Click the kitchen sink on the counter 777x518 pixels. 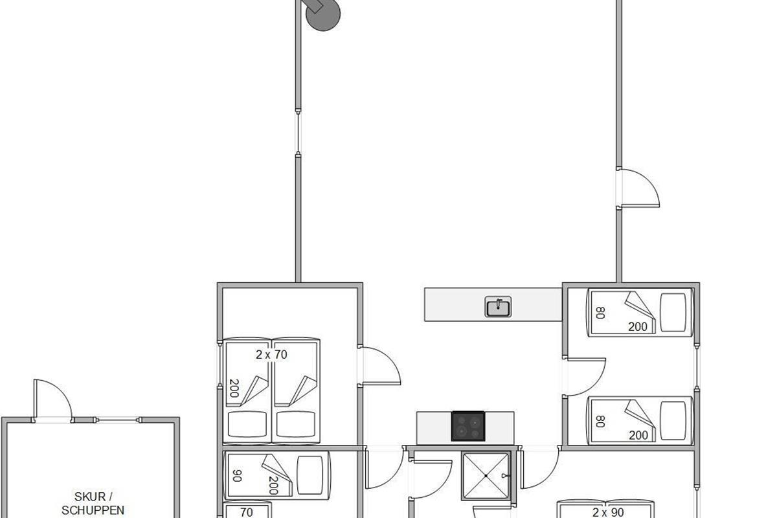498,307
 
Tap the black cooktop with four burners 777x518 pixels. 468,426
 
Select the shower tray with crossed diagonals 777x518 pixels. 486,476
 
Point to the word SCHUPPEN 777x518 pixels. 93,510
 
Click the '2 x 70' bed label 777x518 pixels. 271,355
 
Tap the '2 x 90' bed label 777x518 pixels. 608,512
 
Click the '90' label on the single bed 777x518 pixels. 236,476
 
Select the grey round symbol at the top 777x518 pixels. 321,13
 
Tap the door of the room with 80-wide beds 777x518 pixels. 585,377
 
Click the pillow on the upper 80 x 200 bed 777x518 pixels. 673,312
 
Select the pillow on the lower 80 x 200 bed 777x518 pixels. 673,420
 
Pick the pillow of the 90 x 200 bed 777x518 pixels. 310,475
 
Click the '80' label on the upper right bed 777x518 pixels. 600,313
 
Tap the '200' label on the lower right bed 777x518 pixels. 638,435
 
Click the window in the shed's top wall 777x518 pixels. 117,420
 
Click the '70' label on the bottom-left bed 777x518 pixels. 246,512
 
